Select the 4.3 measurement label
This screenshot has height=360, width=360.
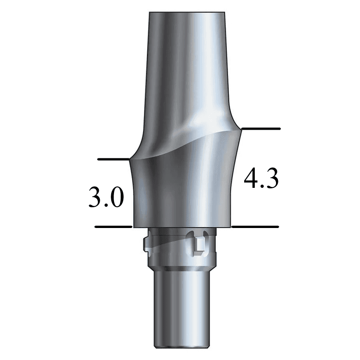261,179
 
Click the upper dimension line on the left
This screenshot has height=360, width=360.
114,160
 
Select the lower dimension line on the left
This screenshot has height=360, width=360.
114,227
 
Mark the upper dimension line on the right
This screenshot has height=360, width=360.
261,128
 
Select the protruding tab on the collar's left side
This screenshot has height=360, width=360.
147,244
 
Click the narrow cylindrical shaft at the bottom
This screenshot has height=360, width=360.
180,309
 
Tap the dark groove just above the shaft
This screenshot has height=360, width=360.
180,269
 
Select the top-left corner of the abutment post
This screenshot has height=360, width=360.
149,12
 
